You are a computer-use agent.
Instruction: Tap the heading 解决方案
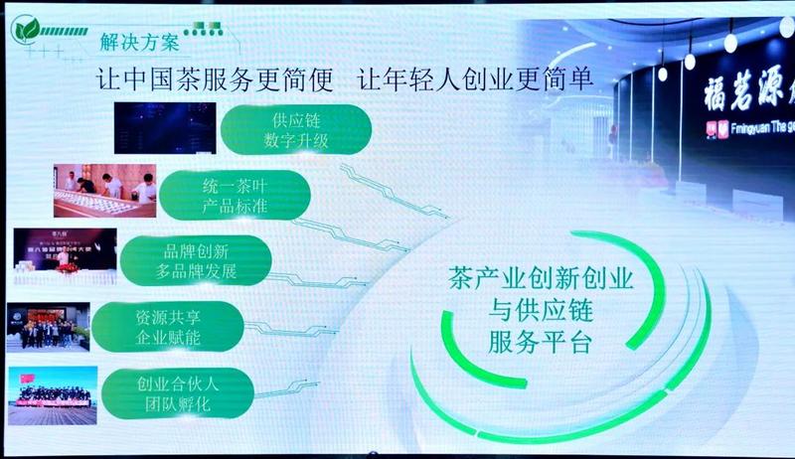(x=139, y=42)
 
